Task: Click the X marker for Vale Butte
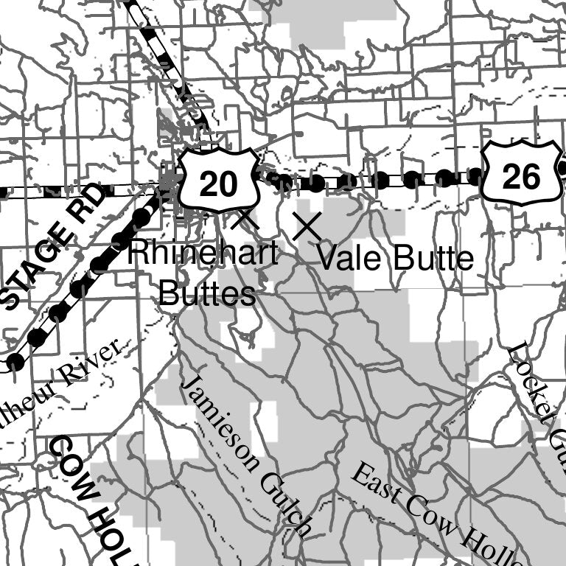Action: coord(307,227)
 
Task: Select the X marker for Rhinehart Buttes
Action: coord(245,218)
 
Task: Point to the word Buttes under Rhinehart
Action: coord(207,294)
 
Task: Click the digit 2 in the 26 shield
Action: coord(511,175)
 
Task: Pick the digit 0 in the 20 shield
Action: coord(228,184)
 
